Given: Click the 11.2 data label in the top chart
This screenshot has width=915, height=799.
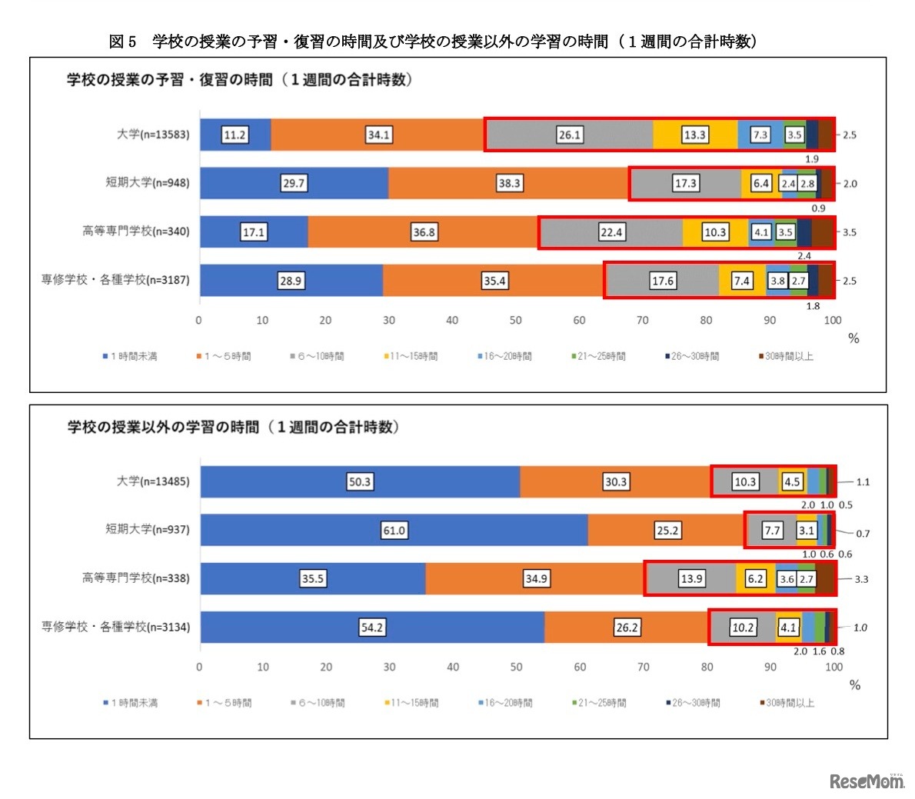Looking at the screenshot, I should [235, 135].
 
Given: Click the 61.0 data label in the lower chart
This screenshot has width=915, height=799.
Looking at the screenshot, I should [394, 531].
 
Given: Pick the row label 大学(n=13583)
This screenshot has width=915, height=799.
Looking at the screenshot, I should [152, 135].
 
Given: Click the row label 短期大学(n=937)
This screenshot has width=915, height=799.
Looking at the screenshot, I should [147, 529].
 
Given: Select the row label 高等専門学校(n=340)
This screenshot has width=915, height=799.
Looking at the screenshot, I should [135, 231].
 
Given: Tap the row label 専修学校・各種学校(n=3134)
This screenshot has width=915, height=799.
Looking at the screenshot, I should [115, 627].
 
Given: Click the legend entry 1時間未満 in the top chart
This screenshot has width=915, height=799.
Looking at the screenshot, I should [130, 356].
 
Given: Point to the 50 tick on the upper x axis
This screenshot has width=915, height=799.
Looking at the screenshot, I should [515, 320].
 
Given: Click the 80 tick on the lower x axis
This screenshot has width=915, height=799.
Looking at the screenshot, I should [707, 667].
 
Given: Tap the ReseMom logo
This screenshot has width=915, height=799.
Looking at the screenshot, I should [867, 781].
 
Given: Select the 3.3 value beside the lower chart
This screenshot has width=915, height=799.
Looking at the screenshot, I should [861, 579].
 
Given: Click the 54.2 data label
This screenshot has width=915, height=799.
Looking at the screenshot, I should [372, 628].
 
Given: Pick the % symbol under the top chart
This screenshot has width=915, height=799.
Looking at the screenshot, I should [853, 338].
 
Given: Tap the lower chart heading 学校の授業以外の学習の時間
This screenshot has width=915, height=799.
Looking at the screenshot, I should [233, 427].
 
